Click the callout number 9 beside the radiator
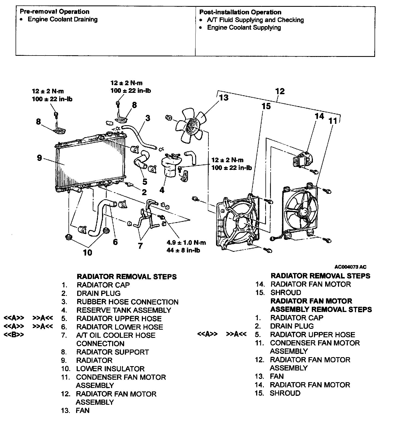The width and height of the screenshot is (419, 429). click(x=40, y=158)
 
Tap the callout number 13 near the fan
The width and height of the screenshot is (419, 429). click(x=224, y=97)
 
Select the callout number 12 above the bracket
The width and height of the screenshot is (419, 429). click(x=280, y=91)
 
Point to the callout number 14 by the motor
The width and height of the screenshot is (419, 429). click(x=319, y=116)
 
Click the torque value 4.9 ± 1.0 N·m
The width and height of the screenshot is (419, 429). click(x=186, y=243)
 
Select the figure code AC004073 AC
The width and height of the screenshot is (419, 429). click(x=351, y=267)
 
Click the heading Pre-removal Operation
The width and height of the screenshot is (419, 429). click(x=55, y=12)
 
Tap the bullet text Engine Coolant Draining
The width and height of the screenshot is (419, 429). click(x=62, y=19)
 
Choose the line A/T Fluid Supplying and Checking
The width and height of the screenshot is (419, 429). click(x=255, y=20)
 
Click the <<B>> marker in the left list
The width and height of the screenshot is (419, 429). click(x=14, y=335)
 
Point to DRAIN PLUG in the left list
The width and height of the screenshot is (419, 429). click(x=98, y=293)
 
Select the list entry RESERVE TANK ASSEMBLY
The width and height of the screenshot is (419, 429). click(x=124, y=310)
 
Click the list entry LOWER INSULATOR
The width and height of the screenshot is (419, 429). click(x=110, y=369)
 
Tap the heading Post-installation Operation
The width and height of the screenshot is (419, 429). click(x=240, y=12)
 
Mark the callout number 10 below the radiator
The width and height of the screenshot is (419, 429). click(x=87, y=253)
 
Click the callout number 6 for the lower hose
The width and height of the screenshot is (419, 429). click(x=115, y=242)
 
